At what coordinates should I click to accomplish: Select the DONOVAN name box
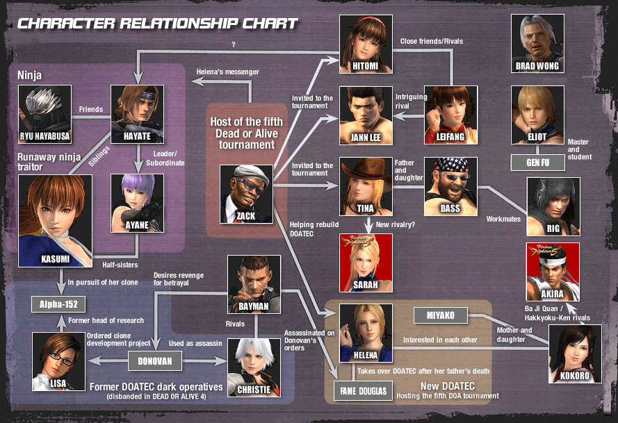[x=154, y=361]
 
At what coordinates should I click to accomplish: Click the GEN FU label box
[x=537, y=163]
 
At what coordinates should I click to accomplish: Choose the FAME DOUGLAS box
[x=364, y=391]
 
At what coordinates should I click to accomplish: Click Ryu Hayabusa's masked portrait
[x=45, y=113]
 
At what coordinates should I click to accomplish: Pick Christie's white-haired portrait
[x=254, y=364]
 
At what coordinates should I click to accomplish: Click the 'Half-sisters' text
[x=120, y=264]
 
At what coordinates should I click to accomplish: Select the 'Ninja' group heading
[x=24, y=74]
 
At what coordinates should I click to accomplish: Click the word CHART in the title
[x=265, y=24]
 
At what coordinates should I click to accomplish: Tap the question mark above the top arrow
[x=234, y=46]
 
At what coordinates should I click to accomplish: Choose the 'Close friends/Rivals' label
[x=431, y=41]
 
